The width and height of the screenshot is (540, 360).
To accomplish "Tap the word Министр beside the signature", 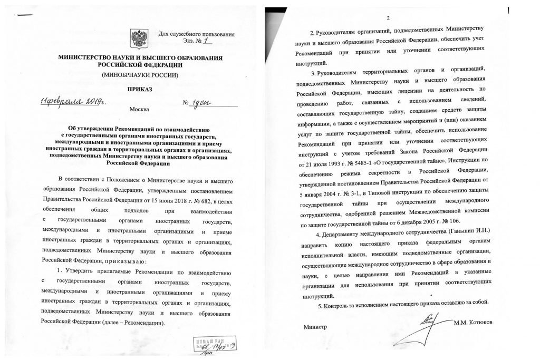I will tap(315, 327).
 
